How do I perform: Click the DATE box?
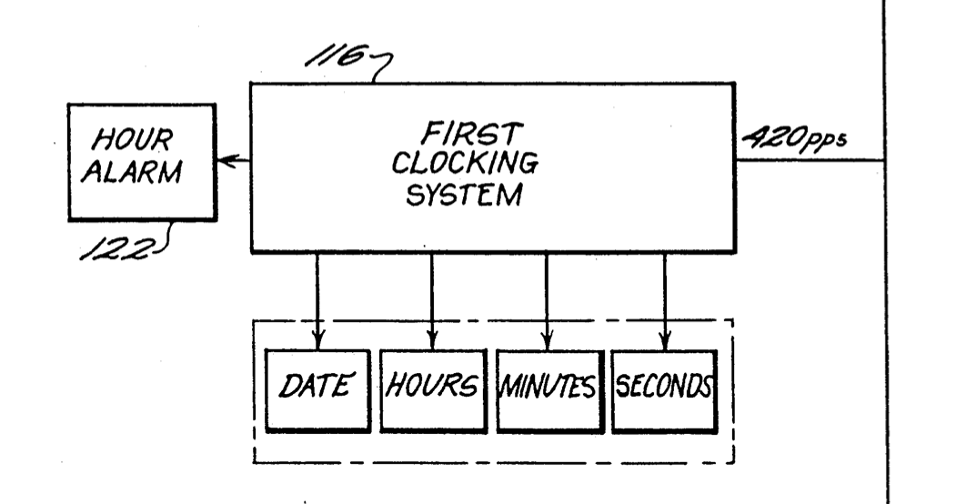pos(317,389)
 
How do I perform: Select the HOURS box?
pos(431,389)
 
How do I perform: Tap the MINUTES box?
pos(546,389)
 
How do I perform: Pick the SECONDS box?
pos(664,389)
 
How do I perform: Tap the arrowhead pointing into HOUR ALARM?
pos(225,161)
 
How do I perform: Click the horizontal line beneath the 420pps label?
pos(810,161)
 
